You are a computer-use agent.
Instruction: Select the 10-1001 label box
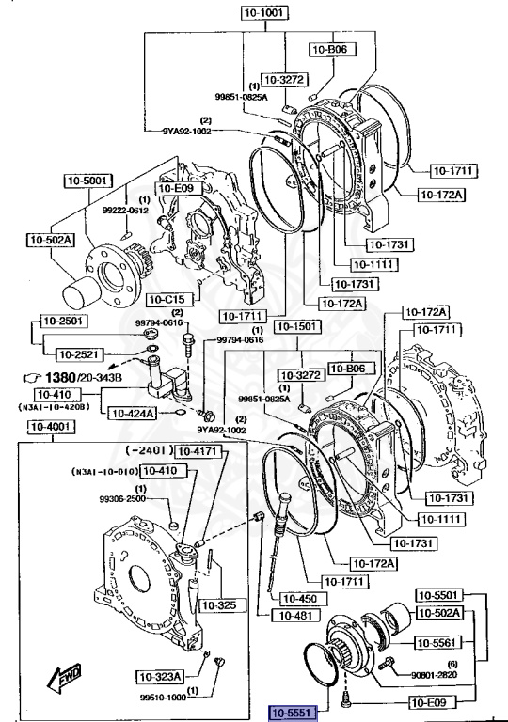pos(266,14)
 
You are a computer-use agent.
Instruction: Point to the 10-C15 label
pos(167,300)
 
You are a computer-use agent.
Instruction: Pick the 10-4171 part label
pos(198,451)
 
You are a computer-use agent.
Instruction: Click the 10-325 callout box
pos(217,604)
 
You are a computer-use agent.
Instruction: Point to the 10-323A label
pos(160,676)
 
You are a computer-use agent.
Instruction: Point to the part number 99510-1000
pos(164,698)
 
